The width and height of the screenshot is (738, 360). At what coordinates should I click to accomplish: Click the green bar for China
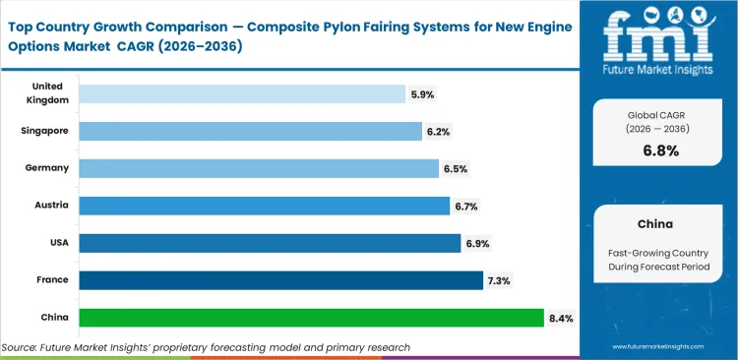coord(311,318)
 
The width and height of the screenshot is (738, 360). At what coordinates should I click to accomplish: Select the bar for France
coord(280,280)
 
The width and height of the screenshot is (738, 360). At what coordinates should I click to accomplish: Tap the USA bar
coord(270,243)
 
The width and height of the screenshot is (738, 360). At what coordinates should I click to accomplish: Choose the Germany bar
coord(259,168)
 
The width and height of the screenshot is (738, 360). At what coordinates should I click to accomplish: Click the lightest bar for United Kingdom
coord(242,93)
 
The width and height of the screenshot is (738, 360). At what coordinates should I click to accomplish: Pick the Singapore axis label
coord(45,131)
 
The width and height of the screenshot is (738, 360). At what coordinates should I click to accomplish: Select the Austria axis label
coord(52,206)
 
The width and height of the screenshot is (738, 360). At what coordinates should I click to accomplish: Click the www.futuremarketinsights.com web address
coord(661,347)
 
